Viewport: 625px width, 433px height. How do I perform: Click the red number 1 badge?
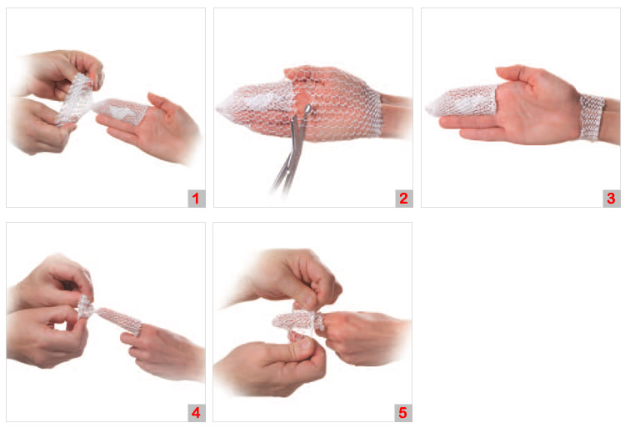(x=196, y=199)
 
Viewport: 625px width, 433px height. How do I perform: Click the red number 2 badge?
(x=404, y=199)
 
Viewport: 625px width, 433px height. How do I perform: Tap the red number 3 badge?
(x=611, y=199)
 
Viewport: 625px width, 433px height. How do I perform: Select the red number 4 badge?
(x=196, y=413)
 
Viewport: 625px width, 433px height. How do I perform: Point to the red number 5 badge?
(x=403, y=413)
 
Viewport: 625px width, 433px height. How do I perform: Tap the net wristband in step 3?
(x=592, y=118)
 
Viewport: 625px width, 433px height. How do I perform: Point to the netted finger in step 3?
(x=462, y=102)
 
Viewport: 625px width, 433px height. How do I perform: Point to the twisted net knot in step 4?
(x=86, y=307)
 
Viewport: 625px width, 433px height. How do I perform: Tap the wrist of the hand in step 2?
(x=395, y=116)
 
